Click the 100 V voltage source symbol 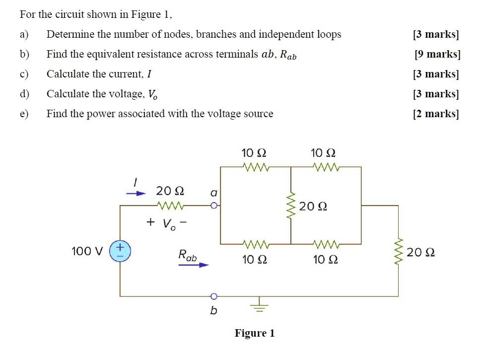click(x=120, y=251)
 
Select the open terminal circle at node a click(x=213, y=205)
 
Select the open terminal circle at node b click(x=213, y=296)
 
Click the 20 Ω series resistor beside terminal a click(x=170, y=205)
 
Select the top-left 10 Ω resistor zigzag click(x=256, y=167)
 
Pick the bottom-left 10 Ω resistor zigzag click(x=256, y=244)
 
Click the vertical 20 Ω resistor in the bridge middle click(x=291, y=206)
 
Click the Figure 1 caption click(x=255, y=333)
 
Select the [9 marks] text click(x=437, y=54)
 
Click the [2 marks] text click(x=436, y=114)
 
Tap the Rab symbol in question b click(x=288, y=55)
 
